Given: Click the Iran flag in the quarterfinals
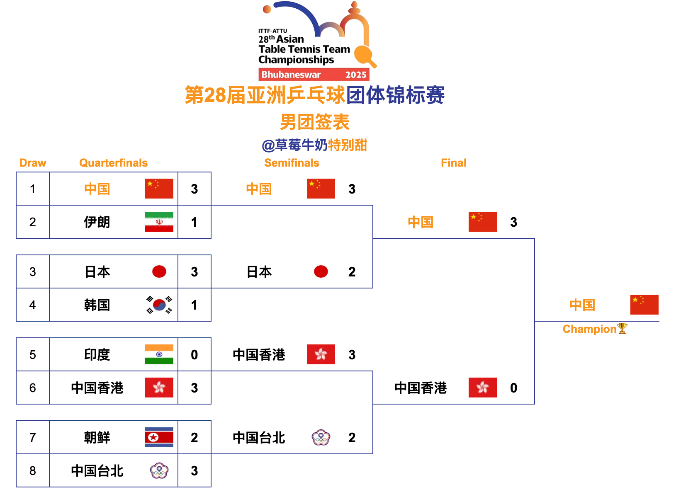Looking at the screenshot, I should coord(159,222).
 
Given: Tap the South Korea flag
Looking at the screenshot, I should coord(159,305).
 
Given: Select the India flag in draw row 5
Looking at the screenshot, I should coord(159,354).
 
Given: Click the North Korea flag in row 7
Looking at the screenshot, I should coord(159,437).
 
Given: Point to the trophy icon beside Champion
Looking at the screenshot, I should coord(622,329).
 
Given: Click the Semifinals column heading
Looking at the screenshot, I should coord(292,163).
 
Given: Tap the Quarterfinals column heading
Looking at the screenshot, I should coord(113,163).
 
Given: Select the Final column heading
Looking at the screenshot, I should coord(453,163).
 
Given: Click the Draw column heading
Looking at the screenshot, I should coord(33,163).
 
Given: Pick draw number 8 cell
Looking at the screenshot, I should coord(33,471).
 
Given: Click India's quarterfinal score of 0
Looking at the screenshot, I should coord(194,355).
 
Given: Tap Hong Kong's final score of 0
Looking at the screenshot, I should coord(513,388).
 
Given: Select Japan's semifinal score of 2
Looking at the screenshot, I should coord(352,272).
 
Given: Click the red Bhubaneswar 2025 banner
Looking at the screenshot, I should coord(314,75).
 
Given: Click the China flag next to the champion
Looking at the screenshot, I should coord(644,305).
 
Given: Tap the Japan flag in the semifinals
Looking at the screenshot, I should coord(321,271).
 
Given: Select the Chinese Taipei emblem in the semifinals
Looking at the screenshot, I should coord(321,437).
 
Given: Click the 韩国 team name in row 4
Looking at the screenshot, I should coord(97,305).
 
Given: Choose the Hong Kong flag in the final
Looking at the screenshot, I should coord(483,388).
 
